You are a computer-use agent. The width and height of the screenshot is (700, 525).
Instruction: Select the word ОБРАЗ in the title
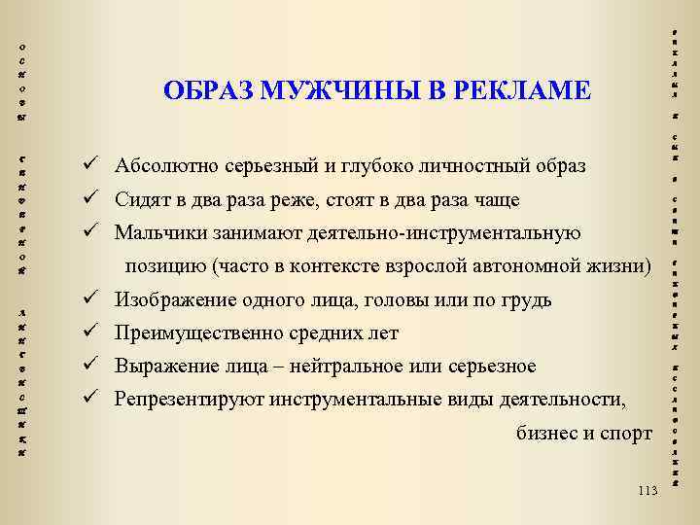pyautogui.click(x=198, y=91)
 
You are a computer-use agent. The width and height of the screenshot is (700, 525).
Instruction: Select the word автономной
pyautogui.click(x=532, y=266)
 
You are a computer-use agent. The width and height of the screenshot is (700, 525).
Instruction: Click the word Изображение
pyautogui.click(x=174, y=299)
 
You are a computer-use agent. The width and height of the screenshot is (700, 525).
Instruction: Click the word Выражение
pyautogui.click(x=160, y=367)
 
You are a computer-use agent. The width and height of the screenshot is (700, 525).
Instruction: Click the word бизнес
pyautogui.click(x=545, y=434)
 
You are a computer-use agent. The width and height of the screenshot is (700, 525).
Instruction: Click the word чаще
pyautogui.click(x=498, y=200)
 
